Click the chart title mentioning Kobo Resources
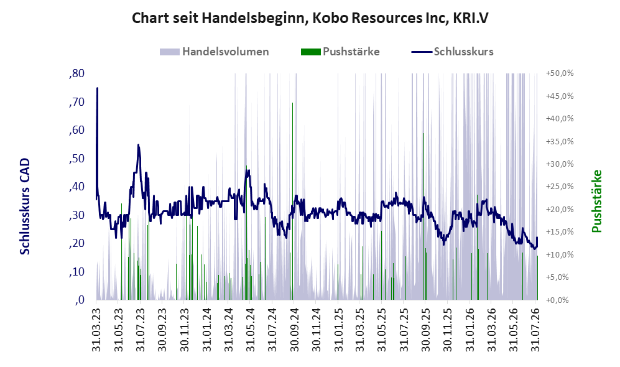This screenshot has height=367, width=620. (310, 18)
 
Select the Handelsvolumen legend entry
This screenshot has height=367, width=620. (215, 52)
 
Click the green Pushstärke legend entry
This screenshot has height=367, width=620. (340, 52)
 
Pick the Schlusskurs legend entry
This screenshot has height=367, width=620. (452, 52)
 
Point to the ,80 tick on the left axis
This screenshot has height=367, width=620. (76, 73)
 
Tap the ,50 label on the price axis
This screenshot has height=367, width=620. (76, 159)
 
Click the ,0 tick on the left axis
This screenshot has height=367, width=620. (80, 300)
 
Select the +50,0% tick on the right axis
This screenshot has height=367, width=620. (560, 73)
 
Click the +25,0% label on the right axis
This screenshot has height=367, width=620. (560, 186)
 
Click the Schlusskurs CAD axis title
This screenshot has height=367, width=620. (25, 207)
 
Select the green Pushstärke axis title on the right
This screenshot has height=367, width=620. (596, 202)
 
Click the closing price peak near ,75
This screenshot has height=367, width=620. (97, 88)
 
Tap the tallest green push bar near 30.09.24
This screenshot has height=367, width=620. (293, 201)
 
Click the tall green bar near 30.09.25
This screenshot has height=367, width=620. (423, 216)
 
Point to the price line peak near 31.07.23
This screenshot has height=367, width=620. (138, 145)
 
